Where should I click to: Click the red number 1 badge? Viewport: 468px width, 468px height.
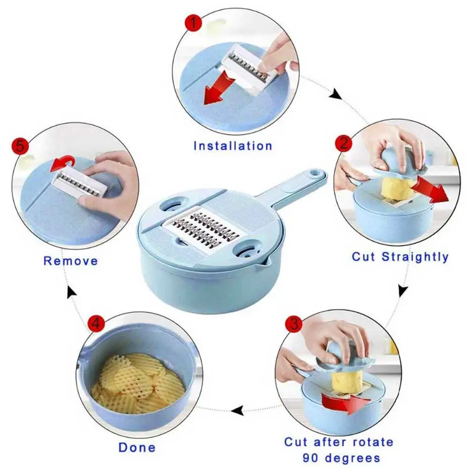(x=193, y=22)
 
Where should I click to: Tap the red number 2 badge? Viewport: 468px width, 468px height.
(x=344, y=144)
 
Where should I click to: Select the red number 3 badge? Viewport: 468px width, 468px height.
(x=294, y=323)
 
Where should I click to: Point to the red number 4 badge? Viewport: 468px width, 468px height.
(x=96, y=323)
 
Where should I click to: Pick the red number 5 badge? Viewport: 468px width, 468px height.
(x=20, y=146)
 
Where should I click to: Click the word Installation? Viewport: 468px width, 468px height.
(x=233, y=146)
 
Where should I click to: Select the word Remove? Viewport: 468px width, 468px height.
(x=71, y=261)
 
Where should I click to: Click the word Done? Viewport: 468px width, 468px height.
(x=137, y=447)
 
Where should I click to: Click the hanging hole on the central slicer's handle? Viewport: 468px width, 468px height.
(x=314, y=173)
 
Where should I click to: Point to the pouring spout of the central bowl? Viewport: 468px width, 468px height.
(x=265, y=262)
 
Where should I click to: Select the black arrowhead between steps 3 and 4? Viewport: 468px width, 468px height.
(x=238, y=411)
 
